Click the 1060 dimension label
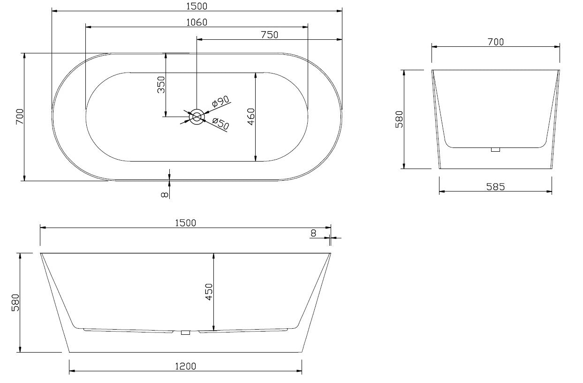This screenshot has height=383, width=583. (197, 22)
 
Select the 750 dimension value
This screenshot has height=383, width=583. (270, 35)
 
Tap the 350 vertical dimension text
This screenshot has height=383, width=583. (161, 85)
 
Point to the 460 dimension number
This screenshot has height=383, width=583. (251, 117)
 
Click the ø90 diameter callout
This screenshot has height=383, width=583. (220, 101)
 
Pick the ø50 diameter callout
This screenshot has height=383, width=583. (220, 124)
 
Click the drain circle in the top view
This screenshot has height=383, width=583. (197, 116)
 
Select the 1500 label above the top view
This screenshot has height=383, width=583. (197, 6)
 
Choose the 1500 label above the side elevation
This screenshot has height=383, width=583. (185, 223)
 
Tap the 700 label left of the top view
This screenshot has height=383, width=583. (20, 116)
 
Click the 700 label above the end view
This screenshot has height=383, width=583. (495, 42)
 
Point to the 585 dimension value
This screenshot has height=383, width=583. (495, 187)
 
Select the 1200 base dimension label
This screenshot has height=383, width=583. (185, 367)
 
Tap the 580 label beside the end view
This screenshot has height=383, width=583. (399, 119)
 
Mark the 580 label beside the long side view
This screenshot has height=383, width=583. (15, 302)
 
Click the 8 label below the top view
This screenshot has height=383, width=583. (164, 194)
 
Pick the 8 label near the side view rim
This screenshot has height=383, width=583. (314, 233)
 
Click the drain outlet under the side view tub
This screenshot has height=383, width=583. (185, 332)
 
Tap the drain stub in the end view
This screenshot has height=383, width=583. (496, 149)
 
